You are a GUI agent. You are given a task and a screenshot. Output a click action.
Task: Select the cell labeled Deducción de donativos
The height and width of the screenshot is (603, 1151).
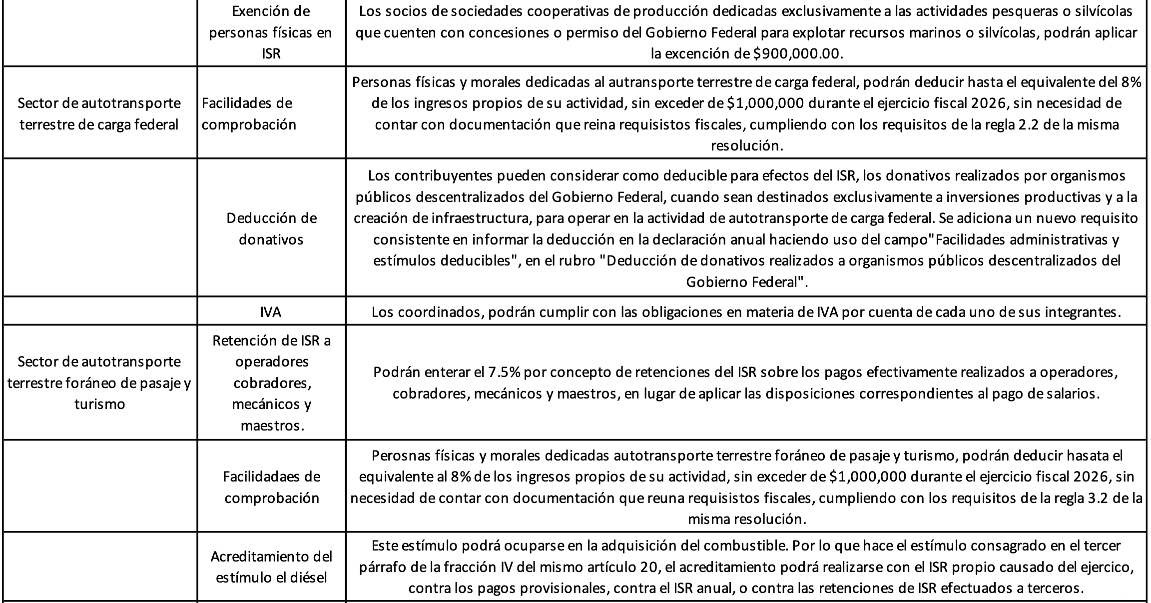click(x=271, y=228)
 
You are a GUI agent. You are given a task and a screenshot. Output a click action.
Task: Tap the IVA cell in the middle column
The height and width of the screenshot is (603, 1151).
click(x=271, y=312)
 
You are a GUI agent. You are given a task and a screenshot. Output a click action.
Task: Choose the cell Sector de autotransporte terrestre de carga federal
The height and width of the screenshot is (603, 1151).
click(x=99, y=113)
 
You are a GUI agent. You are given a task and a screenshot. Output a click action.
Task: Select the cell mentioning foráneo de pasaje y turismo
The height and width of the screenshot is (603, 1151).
click(x=99, y=382)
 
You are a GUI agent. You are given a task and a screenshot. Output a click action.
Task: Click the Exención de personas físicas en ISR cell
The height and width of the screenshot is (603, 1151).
click(x=271, y=32)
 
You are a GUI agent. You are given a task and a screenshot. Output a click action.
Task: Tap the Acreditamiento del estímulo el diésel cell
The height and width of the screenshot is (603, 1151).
click(x=271, y=566)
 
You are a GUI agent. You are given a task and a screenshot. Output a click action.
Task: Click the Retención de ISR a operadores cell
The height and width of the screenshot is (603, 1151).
click(x=271, y=382)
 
